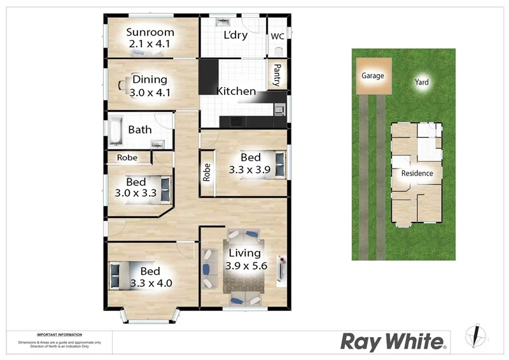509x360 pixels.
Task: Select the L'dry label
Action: click(235, 36)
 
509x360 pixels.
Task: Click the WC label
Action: click(277, 36)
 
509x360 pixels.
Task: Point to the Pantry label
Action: click(277, 75)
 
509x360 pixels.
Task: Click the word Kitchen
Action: click(236, 92)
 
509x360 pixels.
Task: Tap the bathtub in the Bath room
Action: click(116, 131)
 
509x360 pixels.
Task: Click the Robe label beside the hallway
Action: click(207, 173)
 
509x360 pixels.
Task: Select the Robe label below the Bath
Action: click(127, 158)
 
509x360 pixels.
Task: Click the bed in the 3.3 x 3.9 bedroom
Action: click(279, 164)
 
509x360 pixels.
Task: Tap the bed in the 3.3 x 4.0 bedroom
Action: click(116, 276)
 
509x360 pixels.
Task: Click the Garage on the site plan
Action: click(373, 76)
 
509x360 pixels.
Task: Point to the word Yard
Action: click(422, 82)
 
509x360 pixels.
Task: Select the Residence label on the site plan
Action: click(417, 173)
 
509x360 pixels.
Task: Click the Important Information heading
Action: click(59, 335)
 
